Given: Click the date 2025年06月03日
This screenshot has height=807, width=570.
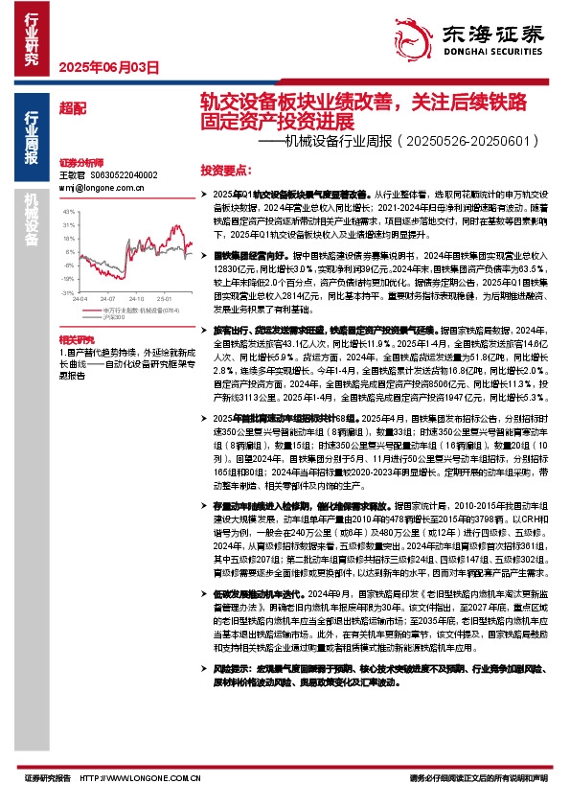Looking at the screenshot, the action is click(x=108, y=67).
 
